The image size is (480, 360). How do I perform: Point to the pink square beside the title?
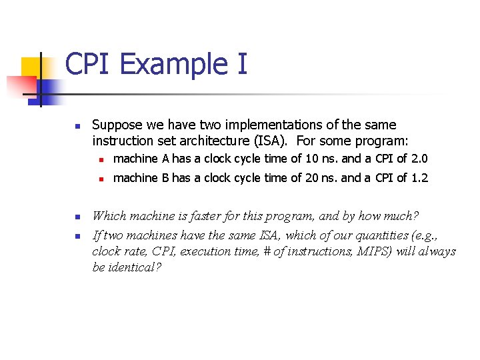pos(20,86)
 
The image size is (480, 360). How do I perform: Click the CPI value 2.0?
pos(419,159)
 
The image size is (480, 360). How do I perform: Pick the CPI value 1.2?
pos(419,178)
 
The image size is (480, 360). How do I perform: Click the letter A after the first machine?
pos(165,159)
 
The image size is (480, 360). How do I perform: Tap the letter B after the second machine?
pos(165,178)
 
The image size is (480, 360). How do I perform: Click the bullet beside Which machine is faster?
pos(77,217)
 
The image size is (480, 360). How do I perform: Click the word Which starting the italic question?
pos(109,216)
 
